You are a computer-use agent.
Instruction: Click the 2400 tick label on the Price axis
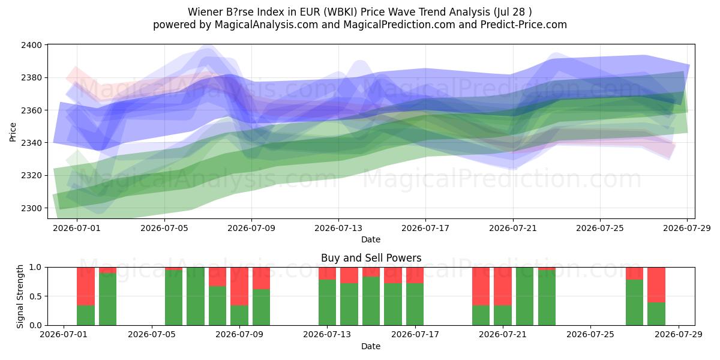[x=31, y=45]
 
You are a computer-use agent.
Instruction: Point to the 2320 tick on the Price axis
[x=31, y=175]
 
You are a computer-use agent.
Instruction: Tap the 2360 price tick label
[x=31, y=110]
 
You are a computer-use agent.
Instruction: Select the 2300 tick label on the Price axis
[x=31, y=208]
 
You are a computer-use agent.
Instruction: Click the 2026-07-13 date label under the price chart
[x=338, y=228]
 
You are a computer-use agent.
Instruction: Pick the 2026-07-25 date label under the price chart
[x=600, y=228]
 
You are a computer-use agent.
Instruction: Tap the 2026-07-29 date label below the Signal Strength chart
[x=679, y=335]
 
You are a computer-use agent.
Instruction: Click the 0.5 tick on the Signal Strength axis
[x=35, y=296]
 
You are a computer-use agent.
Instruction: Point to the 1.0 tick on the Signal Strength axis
[x=35, y=267]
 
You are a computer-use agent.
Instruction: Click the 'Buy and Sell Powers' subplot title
[x=371, y=258]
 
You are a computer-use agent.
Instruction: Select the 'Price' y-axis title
[x=13, y=132]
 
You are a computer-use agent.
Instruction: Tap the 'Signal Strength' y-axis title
[x=20, y=296]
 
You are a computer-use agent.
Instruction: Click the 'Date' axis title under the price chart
[x=371, y=239]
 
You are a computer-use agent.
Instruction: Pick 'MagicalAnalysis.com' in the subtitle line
[x=266, y=25]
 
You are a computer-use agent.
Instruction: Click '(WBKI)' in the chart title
[x=340, y=12]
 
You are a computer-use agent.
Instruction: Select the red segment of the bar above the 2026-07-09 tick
[x=239, y=286]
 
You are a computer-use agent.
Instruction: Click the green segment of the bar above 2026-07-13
[x=327, y=302]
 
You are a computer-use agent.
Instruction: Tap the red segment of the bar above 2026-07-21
[x=503, y=286]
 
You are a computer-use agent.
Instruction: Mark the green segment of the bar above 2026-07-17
[x=415, y=304]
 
